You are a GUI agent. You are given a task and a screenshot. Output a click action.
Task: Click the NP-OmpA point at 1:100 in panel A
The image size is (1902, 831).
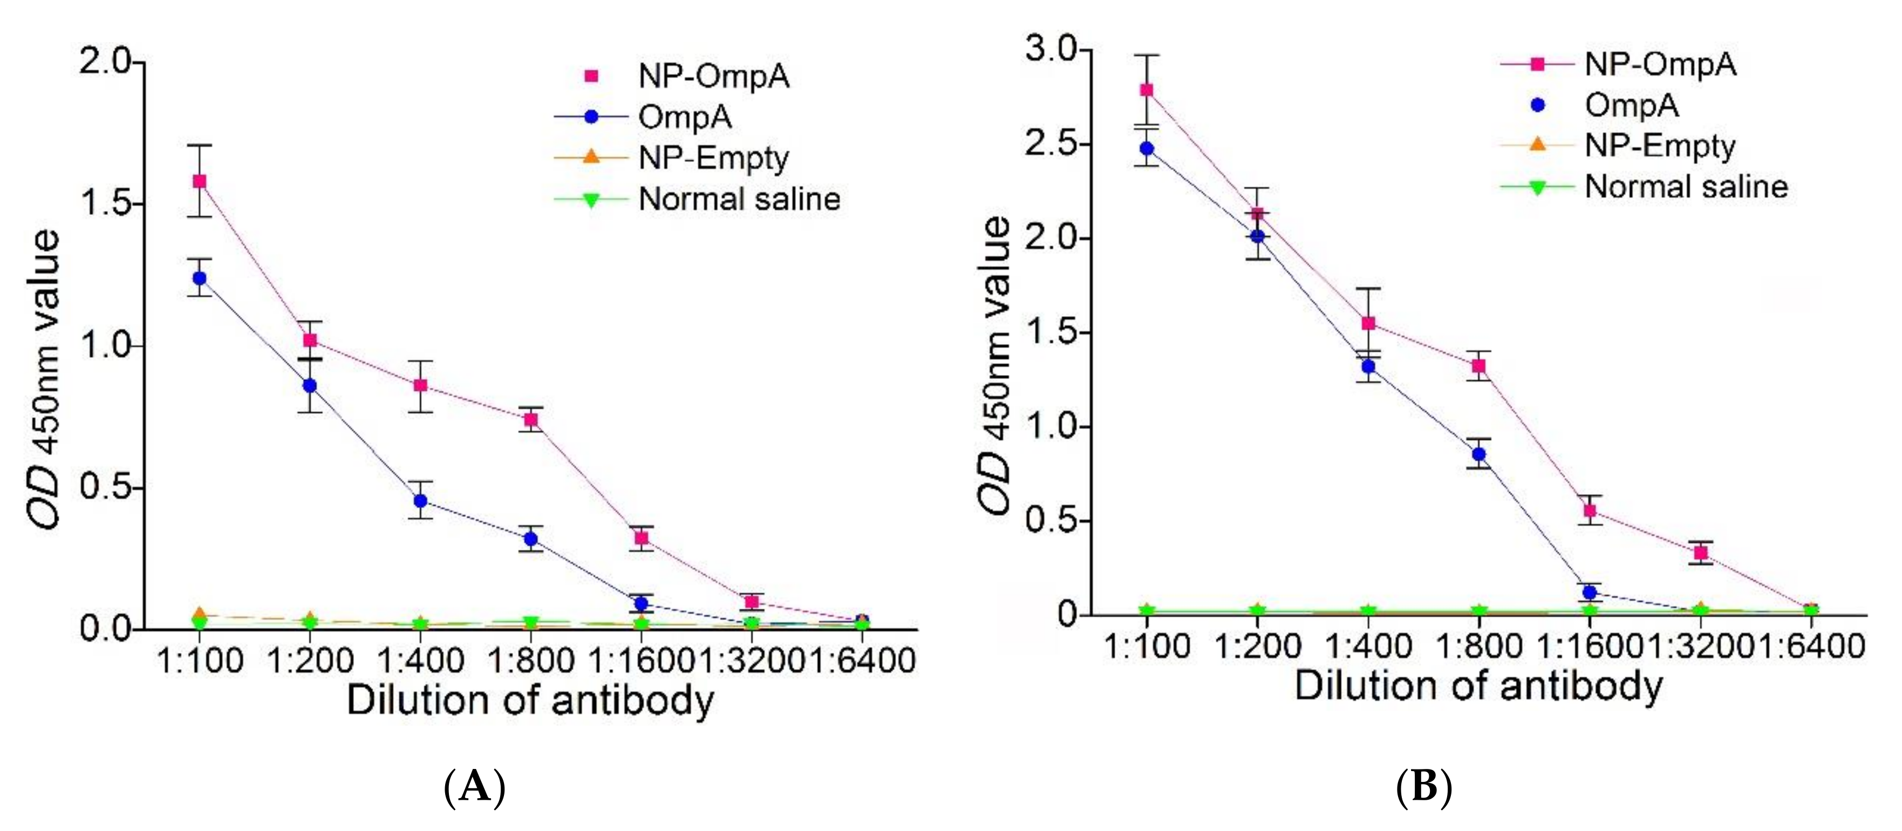pos(199,181)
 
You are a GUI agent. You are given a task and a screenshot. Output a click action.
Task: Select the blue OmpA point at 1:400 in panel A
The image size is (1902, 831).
pos(420,501)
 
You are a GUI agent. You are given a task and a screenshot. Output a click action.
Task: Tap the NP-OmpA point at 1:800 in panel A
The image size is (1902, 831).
pos(531,420)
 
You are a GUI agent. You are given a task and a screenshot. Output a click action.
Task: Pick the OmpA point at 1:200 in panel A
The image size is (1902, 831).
pos(310,386)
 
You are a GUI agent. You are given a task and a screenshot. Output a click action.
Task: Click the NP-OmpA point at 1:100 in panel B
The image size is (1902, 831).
pos(1147,90)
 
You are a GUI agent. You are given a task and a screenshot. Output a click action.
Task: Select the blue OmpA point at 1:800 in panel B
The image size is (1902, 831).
pos(1479,453)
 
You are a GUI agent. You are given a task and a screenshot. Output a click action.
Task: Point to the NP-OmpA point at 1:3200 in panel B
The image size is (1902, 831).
pos(1700,553)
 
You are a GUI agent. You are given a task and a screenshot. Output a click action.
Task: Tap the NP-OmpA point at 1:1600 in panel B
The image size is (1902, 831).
pos(1590,510)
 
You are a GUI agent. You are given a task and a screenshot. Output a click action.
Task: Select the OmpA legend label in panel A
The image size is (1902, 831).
pos(685,117)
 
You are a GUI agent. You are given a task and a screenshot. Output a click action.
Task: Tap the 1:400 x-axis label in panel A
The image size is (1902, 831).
pos(420,659)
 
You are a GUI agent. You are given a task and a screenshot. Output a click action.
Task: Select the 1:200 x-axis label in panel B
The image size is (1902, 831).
pos(1257,645)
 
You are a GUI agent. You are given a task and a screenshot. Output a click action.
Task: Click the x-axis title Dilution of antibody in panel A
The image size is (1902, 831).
pos(530,700)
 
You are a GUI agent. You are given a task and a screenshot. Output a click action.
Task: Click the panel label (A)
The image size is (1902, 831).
pos(475,787)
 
